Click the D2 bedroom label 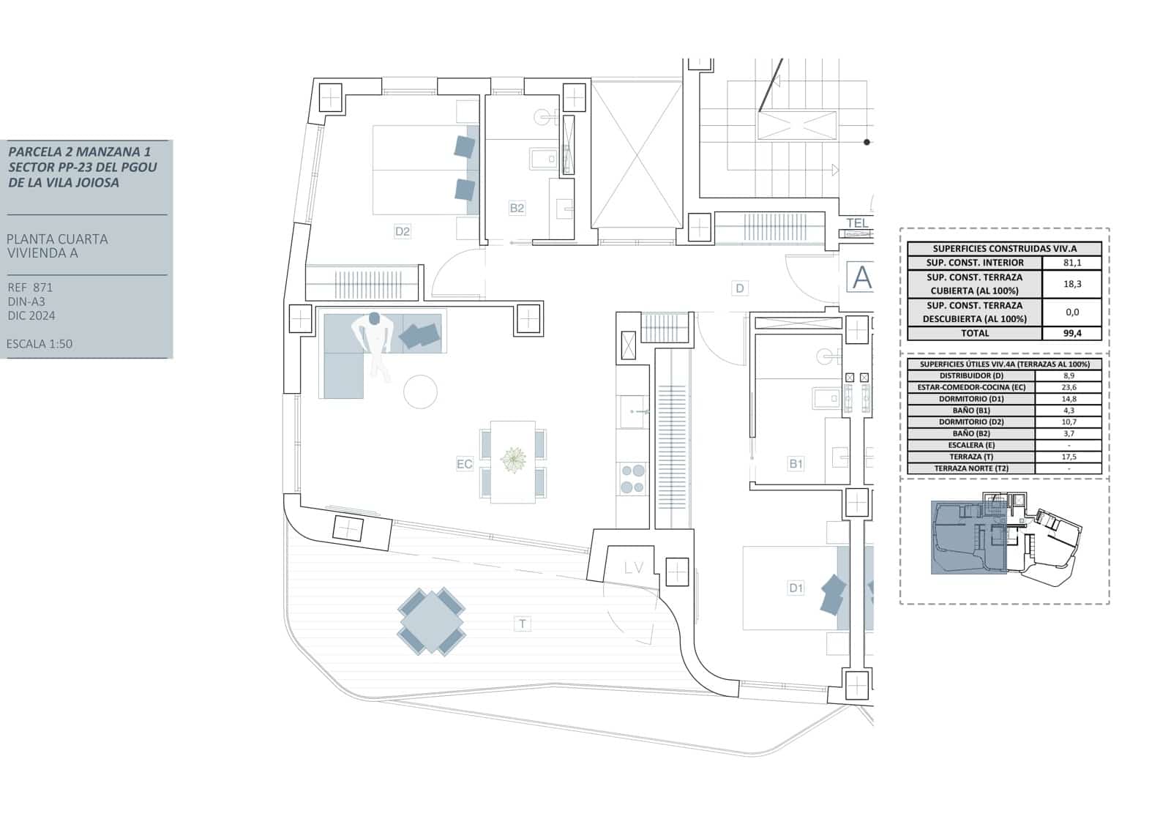pos(402,231)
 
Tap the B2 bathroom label pos(517,208)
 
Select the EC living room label pos(464,464)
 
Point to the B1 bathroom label pos(796,463)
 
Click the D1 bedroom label pos(796,588)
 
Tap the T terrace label pos(522,624)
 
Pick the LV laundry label pos(634,568)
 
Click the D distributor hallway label pos(739,288)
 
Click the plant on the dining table pos(513,460)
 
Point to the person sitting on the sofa pos(375,344)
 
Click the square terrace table pos(431,622)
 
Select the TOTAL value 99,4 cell pos(1071,333)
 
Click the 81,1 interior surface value pos(1071,263)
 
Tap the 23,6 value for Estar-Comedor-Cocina pos(1069,387)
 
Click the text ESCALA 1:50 pos(40,344)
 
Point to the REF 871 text pos(30,288)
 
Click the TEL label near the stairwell pos(857,223)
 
